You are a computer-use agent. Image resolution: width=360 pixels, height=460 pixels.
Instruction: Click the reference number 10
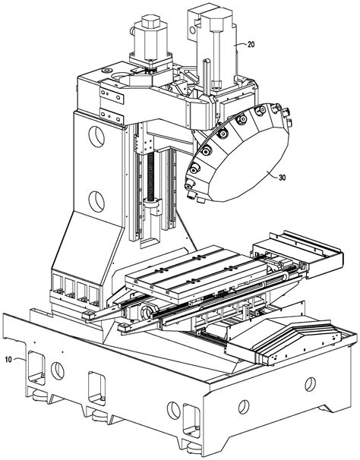[x=8, y=359]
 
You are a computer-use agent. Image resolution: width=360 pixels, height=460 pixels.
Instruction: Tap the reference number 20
[x=251, y=44]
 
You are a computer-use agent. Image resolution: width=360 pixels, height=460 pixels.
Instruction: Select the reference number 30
[x=283, y=178]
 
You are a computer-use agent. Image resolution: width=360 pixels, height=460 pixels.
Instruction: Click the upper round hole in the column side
[x=96, y=137]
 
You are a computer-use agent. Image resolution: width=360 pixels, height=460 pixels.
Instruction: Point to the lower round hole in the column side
[x=96, y=202]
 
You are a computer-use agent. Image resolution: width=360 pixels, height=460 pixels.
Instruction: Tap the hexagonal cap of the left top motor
[x=150, y=22]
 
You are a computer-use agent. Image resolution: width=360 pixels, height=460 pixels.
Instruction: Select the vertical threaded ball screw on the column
[x=150, y=177]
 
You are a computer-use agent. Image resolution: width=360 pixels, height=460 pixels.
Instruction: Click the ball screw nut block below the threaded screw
[x=153, y=206]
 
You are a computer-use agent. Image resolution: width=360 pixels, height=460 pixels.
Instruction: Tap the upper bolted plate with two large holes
[x=112, y=96]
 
